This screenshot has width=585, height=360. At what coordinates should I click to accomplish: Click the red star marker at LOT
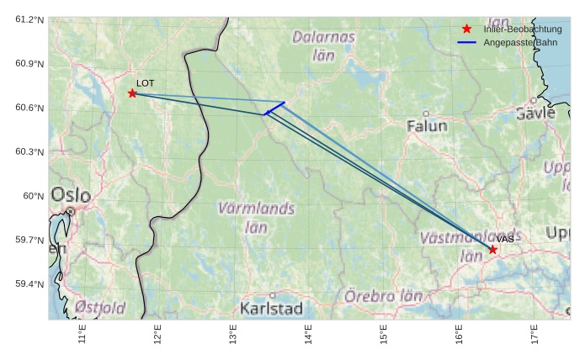click(132, 93)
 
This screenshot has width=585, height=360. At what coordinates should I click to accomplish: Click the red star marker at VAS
click(492, 250)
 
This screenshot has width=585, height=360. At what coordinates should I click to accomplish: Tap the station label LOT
click(146, 83)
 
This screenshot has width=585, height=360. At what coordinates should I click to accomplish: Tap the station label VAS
click(505, 240)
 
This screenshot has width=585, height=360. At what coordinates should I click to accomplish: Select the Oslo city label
click(71, 195)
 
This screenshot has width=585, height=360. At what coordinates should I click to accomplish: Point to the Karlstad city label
click(271, 309)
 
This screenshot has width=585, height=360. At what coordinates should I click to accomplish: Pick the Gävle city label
click(536, 113)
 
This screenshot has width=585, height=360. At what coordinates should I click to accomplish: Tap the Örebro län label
click(383, 297)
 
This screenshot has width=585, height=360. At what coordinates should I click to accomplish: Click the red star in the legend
click(467, 29)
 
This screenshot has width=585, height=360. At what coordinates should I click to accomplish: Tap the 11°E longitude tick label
click(82, 335)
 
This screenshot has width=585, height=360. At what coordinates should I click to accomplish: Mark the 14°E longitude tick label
click(308, 335)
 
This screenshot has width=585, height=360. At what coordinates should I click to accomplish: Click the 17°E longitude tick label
click(534, 335)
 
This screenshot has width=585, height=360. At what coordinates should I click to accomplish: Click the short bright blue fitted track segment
click(275, 108)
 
